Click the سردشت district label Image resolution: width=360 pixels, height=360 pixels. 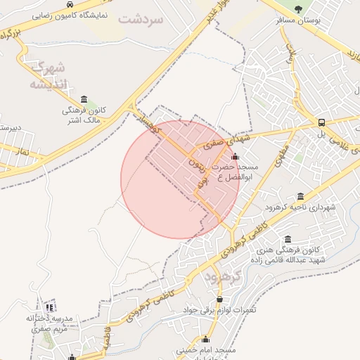(141, 19)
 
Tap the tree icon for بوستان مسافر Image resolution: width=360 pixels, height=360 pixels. (298, 9)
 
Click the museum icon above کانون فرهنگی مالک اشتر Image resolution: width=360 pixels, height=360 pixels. (84, 98)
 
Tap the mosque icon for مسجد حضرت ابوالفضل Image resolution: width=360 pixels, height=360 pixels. (235, 157)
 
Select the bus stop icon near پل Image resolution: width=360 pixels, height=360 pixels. (321, 121)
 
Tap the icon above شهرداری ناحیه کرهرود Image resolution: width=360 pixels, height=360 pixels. (301, 196)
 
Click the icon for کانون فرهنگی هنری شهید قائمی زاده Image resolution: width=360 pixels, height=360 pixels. (288, 239)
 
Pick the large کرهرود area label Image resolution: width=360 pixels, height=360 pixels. (225, 277)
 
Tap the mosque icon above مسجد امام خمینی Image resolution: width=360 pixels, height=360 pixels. (206, 338)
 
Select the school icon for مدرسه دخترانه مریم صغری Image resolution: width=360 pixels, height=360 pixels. (49, 307)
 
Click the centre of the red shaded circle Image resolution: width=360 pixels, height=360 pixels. (180, 179)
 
